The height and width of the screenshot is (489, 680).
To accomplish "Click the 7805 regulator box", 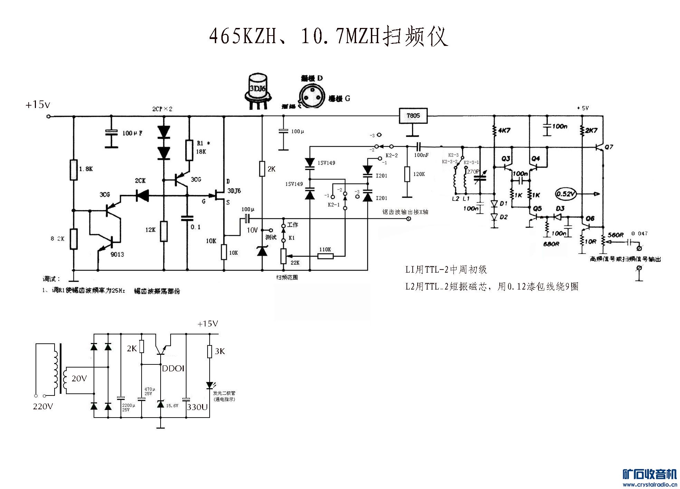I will [x=413, y=116].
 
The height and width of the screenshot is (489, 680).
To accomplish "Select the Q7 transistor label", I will [x=609, y=147].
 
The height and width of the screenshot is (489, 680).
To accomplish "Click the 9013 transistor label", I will [x=117, y=255].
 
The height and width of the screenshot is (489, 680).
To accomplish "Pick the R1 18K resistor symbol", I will [x=189, y=150].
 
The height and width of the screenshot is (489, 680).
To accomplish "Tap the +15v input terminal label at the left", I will [x=38, y=105].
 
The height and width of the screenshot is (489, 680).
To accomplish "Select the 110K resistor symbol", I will [x=326, y=256].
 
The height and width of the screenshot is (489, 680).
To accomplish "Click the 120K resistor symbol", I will [x=408, y=174].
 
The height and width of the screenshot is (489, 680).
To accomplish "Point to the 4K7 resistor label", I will [x=504, y=130].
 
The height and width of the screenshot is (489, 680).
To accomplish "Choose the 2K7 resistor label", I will [x=591, y=130].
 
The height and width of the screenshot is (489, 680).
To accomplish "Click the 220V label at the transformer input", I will [x=43, y=407].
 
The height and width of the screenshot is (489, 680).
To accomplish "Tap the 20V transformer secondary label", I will [x=79, y=379].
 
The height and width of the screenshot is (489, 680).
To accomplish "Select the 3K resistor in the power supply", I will [x=209, y=351].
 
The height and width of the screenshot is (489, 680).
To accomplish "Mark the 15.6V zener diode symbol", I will [x=161, y=404].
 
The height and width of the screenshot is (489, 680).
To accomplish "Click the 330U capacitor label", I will [x=197, y=407].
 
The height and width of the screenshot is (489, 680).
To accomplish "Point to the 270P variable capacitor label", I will [x=473, y=172].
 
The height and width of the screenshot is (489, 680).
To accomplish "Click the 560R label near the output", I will [x=615, y=235].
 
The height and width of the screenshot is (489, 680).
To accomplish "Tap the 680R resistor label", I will [x=551, y=244].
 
